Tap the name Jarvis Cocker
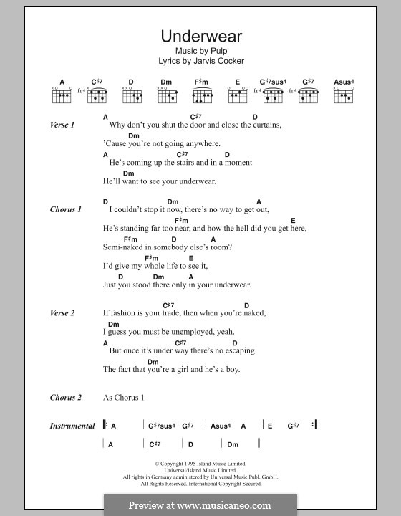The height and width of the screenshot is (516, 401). [221, 61]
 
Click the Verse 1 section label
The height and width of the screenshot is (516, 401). [62, 125]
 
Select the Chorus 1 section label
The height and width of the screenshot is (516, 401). [65, 209]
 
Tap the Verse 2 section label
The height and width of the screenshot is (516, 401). [62, 312]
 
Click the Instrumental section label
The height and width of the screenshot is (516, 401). [72, 426]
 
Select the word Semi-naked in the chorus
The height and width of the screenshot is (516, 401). [125, 247]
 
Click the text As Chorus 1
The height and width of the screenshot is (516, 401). [124, 398]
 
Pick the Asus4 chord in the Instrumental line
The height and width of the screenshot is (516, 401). [220, 426]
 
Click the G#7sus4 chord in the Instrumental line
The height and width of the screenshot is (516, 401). [161, 426]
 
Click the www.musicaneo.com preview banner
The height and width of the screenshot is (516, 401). [200, 505]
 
